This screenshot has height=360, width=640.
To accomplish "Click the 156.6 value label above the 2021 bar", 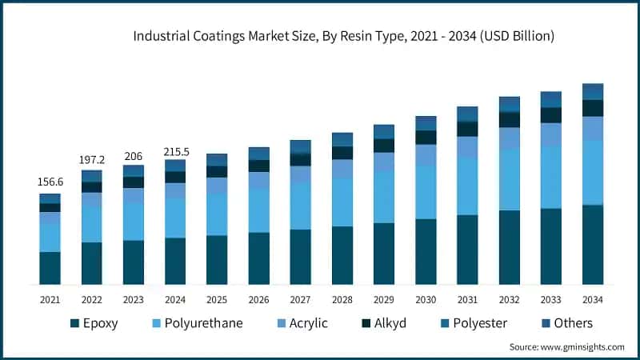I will click(50, 182).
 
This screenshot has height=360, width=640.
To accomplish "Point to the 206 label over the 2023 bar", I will click(133, 154).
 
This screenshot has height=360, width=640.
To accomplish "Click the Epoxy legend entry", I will click(102, 323).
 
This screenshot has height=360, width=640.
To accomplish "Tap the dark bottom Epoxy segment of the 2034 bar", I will click(593, 245).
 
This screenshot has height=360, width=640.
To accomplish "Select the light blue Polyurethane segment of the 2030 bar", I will click(426, 192).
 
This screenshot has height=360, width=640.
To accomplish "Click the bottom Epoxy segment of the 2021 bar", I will click(50, 268).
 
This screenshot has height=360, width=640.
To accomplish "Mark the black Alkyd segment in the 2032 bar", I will click(510, 120).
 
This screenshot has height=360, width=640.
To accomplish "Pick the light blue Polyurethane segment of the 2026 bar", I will click(258, 210).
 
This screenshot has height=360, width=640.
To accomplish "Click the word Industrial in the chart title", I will click(160, 36).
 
